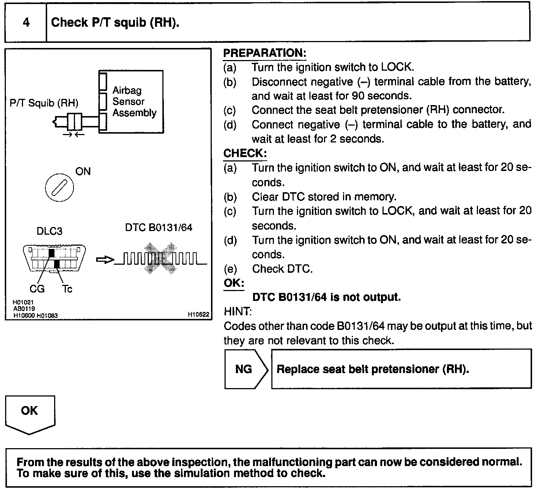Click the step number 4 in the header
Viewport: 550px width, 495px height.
26,23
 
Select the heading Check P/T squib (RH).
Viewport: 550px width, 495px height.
115,23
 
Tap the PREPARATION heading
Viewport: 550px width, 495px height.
264,53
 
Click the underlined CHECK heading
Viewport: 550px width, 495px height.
245,153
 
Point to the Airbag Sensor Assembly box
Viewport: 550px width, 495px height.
131,102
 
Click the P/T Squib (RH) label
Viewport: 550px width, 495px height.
44,103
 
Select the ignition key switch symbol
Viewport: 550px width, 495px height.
59,188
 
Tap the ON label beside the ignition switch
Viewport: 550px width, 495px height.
83,171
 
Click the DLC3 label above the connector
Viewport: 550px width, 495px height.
49,231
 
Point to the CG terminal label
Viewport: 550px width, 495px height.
37,289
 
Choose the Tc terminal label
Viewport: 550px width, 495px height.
67,289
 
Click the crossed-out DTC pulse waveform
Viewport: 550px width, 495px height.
161,259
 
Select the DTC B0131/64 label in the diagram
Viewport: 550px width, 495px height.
158,228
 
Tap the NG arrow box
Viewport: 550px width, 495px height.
244,369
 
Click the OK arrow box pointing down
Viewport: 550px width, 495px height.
30,413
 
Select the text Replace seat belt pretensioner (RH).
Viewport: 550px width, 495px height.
373,369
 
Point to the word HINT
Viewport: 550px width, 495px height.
237,312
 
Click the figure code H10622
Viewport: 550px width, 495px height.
199,314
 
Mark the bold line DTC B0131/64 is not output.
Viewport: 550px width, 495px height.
327,297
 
